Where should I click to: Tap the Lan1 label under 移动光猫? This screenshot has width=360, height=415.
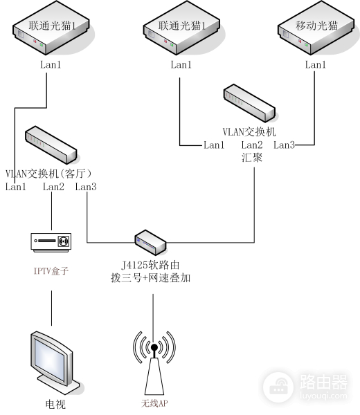[315, 64]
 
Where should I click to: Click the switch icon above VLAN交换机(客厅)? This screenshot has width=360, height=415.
[50, 143]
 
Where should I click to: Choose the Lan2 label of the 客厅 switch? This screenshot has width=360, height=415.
[53, 187]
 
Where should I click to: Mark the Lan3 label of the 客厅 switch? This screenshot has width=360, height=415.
[86, 187]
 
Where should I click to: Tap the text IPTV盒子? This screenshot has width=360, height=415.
[51, 272]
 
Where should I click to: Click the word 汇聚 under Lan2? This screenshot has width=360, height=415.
[252, 157]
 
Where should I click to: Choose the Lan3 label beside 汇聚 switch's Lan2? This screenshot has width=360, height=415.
[284, 145]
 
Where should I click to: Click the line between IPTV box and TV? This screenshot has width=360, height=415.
[51, 308]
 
